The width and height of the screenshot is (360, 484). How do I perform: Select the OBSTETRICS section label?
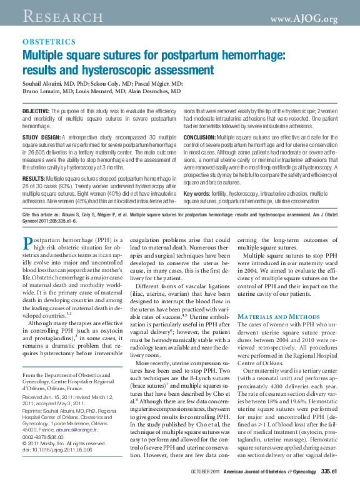(x=49, y=42)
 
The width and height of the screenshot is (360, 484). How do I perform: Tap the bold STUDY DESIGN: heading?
(x=42, y=136)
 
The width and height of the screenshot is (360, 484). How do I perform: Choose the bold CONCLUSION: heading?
(x=200, y=136)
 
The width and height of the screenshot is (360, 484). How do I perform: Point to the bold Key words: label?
(x=198, y=194)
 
